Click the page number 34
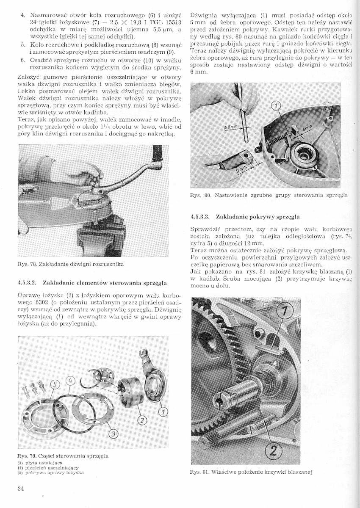tap(19, 489)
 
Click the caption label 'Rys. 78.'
tap(26, 265)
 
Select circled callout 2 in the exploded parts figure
tap(142, 420)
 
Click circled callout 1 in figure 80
tap(275, 105)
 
